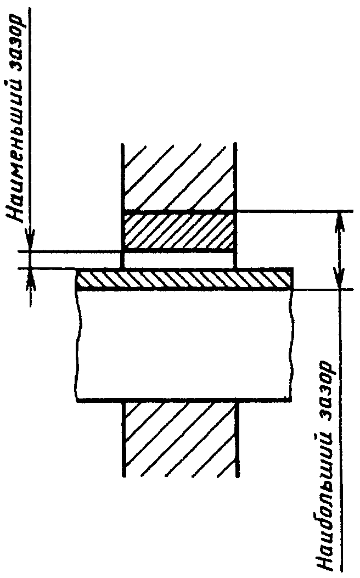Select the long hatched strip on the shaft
(x=184, y=279)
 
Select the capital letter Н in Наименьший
(x=18, y=215)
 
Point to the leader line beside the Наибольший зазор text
(x=341, y=439)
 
